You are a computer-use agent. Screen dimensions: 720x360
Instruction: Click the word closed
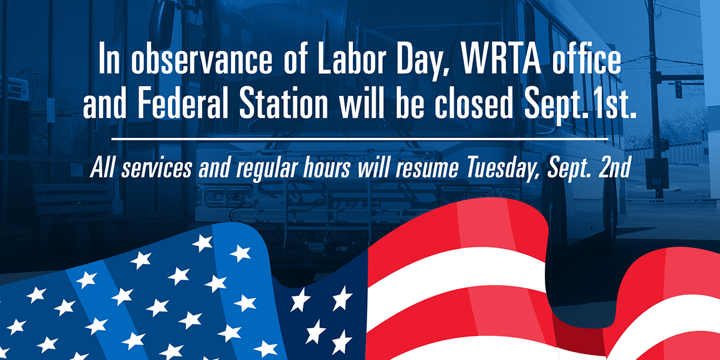pyautogui.click(x=474, y=101)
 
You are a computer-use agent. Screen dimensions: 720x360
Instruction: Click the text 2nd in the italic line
pyautogui.click(x=614, y=167)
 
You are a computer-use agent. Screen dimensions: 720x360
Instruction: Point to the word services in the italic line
pyautogui.click(x=157, y=168)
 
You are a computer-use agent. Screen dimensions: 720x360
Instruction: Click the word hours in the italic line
pyautogui.click(x=327, y=167)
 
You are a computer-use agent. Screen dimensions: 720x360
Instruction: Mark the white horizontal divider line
pyautogui.click(x=359, y=139)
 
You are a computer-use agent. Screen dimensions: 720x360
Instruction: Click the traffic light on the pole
pyautogui.click(x=678, y=89)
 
